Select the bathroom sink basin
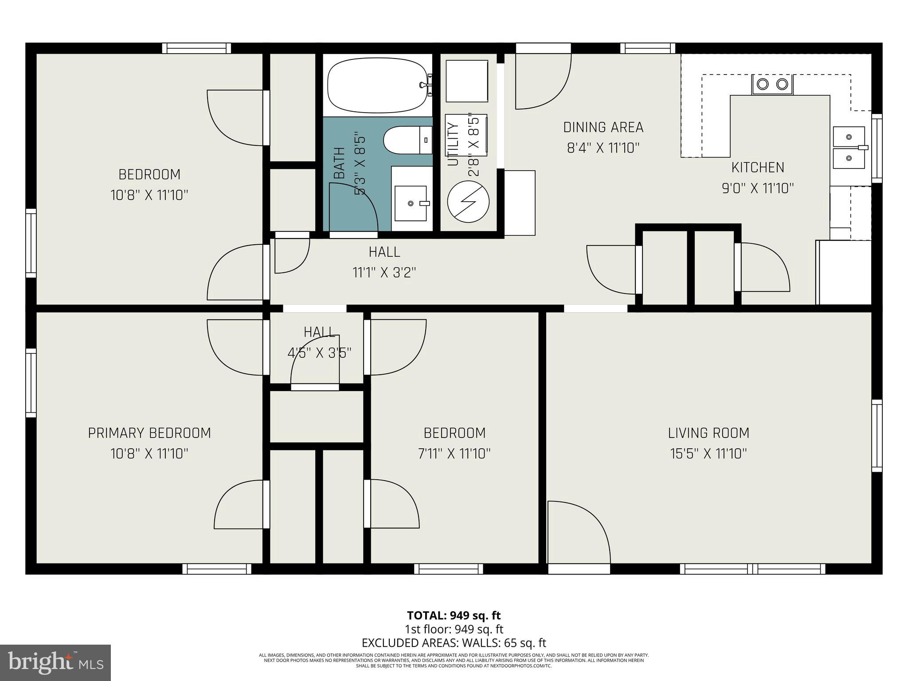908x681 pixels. [411, 203]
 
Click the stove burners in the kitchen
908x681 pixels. [772, 84]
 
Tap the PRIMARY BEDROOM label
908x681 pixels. [149, 433]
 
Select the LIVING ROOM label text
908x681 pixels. [708, 433]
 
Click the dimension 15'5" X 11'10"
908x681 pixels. [708, 454]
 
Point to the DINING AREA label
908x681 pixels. [603, 127]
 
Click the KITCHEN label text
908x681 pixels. [757, 168]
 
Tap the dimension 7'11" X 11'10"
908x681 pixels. [454, 454]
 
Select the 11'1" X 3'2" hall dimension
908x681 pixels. [384, 272]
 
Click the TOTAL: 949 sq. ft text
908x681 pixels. [454, 615]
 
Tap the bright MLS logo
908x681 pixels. [55, 662]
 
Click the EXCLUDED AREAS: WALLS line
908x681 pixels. [454, 643]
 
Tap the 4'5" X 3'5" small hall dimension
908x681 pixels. [319, 353]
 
